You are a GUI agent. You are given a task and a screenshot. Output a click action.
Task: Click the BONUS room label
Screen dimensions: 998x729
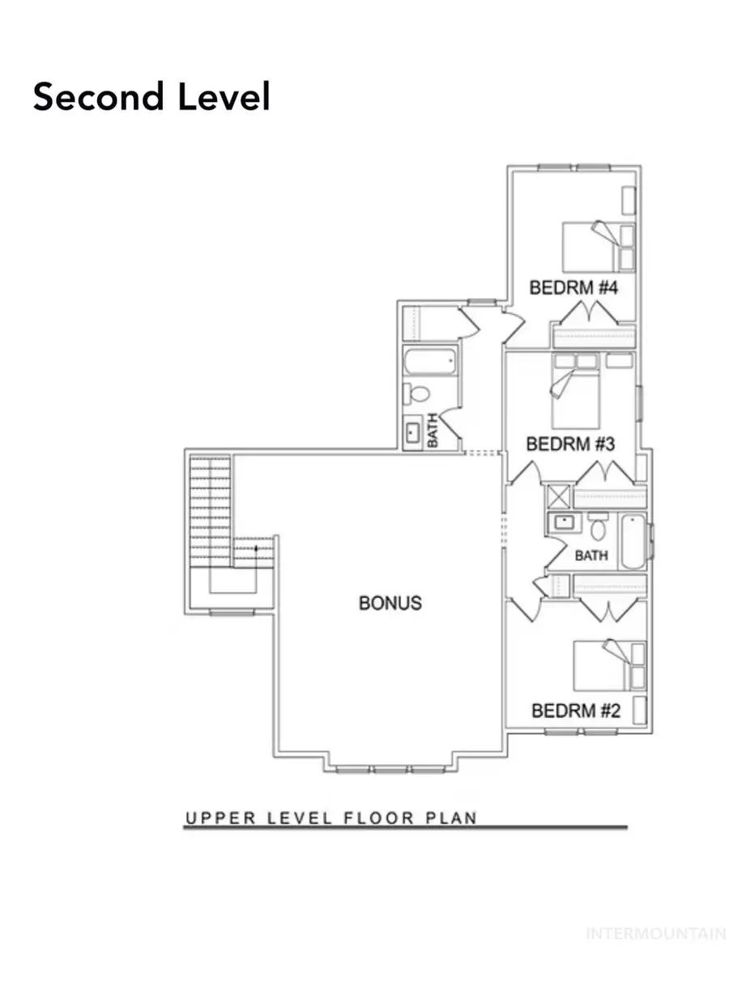[x=390, y=603]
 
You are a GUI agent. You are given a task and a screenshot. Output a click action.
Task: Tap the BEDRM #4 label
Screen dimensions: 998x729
[x=573, y=288]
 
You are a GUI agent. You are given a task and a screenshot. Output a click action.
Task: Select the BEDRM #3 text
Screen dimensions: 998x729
[x=571, y=444]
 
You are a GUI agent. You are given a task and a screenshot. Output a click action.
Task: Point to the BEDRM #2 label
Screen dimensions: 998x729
[x=575, y=711]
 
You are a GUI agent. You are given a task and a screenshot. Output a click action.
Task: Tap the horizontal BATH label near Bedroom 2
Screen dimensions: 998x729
[x=591, y=557]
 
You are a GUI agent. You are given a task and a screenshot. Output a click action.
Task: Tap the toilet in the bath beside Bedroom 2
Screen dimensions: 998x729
[x=599, y=529]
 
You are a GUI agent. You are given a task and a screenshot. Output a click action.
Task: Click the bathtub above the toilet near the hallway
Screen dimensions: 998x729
[x=430, y=362]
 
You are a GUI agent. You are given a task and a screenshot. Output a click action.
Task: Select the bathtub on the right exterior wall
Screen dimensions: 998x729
[x=632, y=541]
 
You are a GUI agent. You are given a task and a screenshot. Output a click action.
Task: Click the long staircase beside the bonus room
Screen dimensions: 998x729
[x=210, y=510]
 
